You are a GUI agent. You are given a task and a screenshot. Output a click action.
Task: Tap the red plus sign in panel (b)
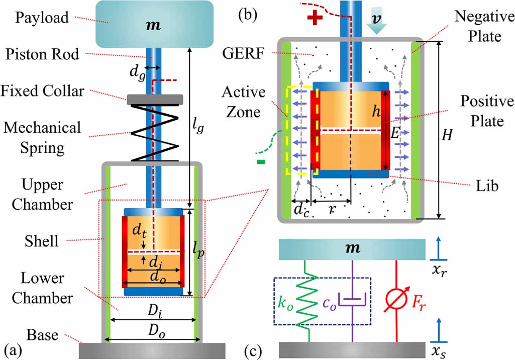coord(315,18)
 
